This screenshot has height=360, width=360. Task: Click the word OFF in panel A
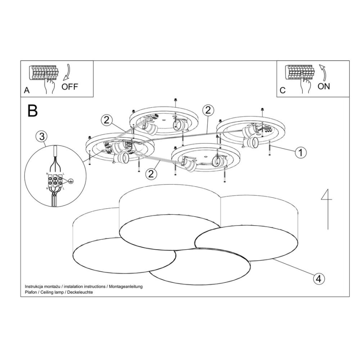point(69,87)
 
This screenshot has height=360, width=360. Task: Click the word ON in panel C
point(324,86)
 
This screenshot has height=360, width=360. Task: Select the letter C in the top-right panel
point(283,90)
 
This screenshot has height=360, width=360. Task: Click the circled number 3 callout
point(41,136)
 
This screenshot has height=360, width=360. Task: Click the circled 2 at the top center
point(208,110)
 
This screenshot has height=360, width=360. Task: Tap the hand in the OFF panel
point(50,85)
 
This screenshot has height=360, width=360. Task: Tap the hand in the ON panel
point(306,85)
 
